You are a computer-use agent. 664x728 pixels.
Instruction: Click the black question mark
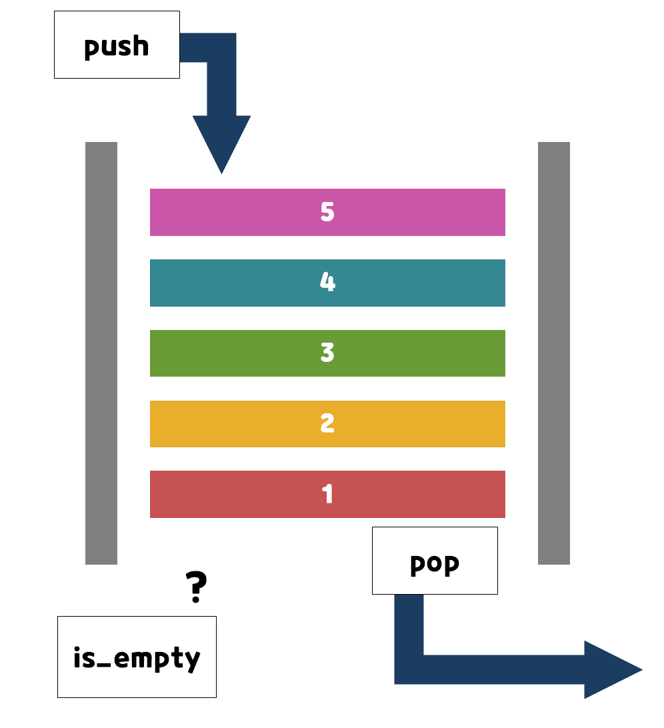coord(195,587)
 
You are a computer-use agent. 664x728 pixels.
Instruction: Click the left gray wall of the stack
coord(101,353)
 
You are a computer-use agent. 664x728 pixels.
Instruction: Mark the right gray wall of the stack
coord(554,353)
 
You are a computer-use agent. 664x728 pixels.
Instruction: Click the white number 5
coord(327,212)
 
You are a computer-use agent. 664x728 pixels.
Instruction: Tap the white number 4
coord(327,283)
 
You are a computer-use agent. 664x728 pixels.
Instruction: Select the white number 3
coord(327,353)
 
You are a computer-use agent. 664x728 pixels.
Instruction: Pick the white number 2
coord(327,424)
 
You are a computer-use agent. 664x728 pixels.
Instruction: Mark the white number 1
coord(327,494)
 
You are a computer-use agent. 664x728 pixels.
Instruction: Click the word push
coord(117,47)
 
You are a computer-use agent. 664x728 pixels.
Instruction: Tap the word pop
coord(434,564)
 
